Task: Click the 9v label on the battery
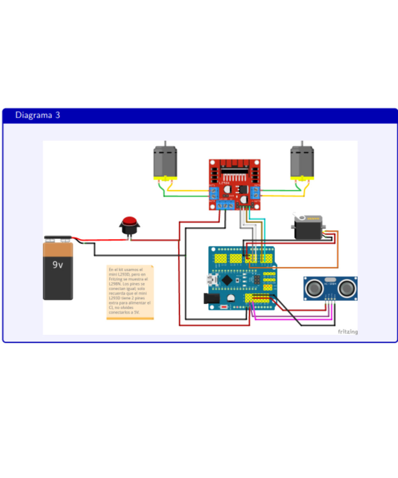click(58, 264)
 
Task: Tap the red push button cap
click(129, 221)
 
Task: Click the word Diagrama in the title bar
click(34, 115)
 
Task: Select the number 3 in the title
click(58, 115)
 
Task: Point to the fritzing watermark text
click(347, 331)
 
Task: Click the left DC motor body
click(165, 161)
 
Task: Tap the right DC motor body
click(302, 161)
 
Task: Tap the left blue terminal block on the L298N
click(214, 194)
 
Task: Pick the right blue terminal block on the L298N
click(256, 194)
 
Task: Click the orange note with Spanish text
click(130, 292)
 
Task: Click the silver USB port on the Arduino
click(210, 280)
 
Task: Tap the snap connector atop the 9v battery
click(58, 238)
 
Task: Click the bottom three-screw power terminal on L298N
click(225, 205)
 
